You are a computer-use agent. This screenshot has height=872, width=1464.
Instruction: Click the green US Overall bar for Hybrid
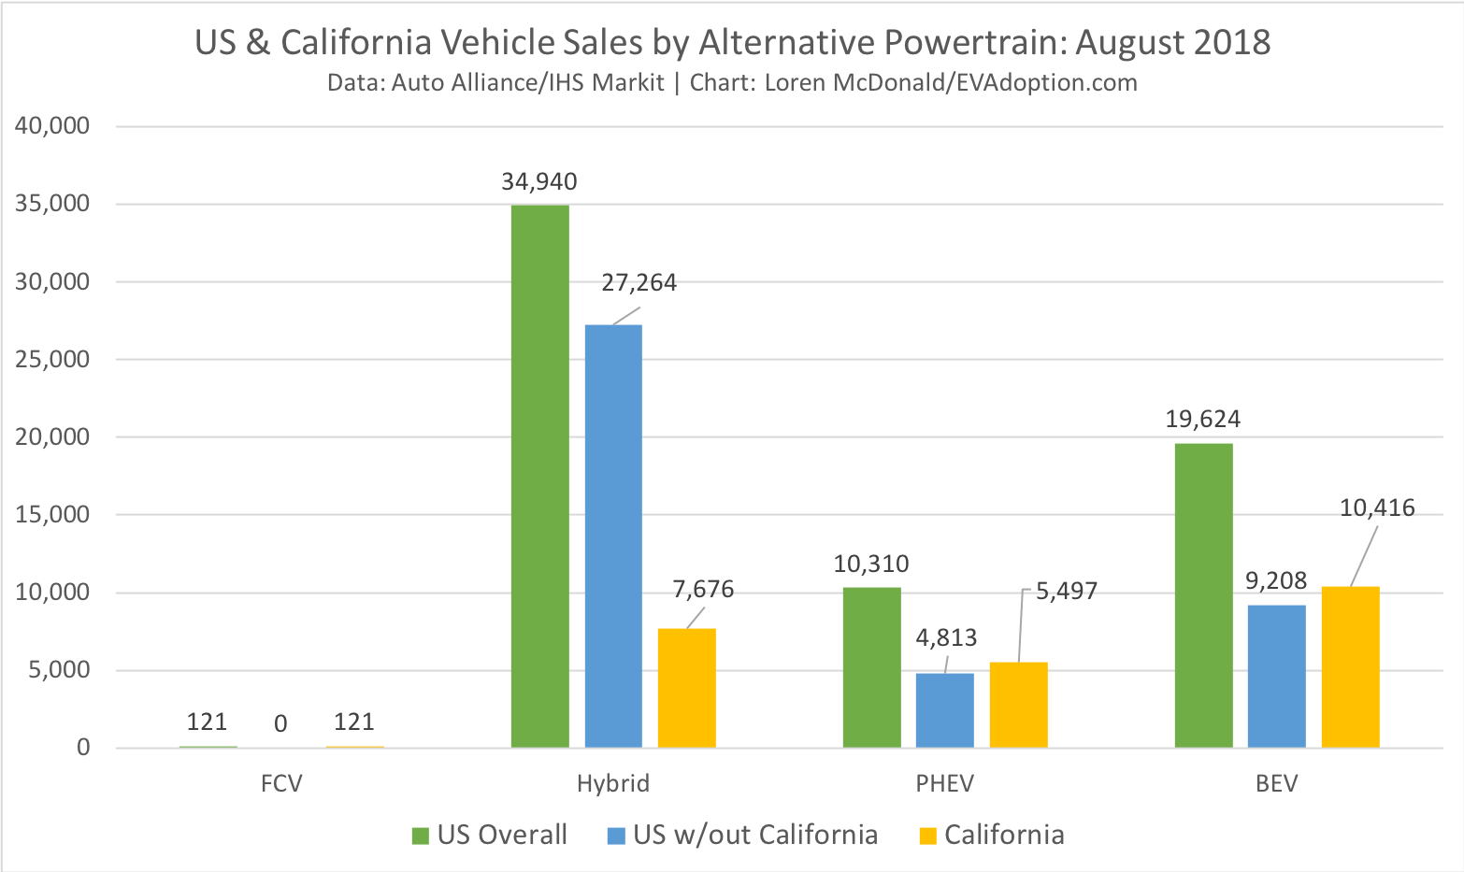[x=539, y=476]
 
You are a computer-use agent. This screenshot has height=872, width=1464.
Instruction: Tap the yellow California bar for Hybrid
[x=686, y=688]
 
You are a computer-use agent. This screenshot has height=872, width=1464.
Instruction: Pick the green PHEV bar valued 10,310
[x=871, y=667]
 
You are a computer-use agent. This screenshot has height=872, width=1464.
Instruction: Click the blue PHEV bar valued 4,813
[x=944, y=710]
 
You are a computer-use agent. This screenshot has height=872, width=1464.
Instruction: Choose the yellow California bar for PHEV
[x=1018, y=705]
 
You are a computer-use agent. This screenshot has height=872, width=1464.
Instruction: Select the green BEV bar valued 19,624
[x=1203, y=595]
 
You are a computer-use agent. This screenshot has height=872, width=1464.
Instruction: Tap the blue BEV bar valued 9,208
[x=1276, y=676]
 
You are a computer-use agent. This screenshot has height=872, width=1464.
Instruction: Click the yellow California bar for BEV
[x=1350, y=666]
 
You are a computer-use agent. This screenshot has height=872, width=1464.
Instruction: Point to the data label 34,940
[x=538, y=181]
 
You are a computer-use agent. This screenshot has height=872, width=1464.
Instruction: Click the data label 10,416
[x=1377, y=507]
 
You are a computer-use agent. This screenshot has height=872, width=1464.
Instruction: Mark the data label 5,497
[x=1066, y=591]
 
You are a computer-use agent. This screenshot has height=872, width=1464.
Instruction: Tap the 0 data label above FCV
[x=280, y=723]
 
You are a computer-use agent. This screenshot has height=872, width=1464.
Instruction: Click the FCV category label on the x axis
[x=281, y=782]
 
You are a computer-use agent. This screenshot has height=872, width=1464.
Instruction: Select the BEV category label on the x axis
[x=1276, y=782]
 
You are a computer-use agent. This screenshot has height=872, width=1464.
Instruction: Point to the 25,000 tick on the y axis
[x=52, y=359]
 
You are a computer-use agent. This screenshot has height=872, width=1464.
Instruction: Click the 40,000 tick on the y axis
[x=52, y=125]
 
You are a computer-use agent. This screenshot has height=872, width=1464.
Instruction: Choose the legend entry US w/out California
[x=754, y=835]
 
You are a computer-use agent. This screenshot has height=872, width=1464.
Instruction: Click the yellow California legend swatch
[x=927, y=836]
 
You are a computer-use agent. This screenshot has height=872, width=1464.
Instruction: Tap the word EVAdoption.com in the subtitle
[x=1060, y=82]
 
